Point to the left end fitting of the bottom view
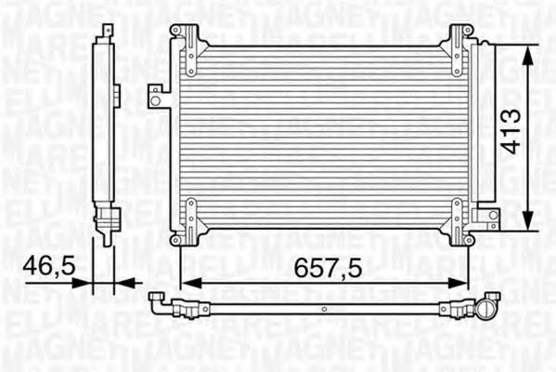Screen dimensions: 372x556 160,299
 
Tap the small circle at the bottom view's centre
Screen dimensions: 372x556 323,310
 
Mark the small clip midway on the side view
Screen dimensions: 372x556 118,92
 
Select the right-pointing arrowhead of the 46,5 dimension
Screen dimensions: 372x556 89,282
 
